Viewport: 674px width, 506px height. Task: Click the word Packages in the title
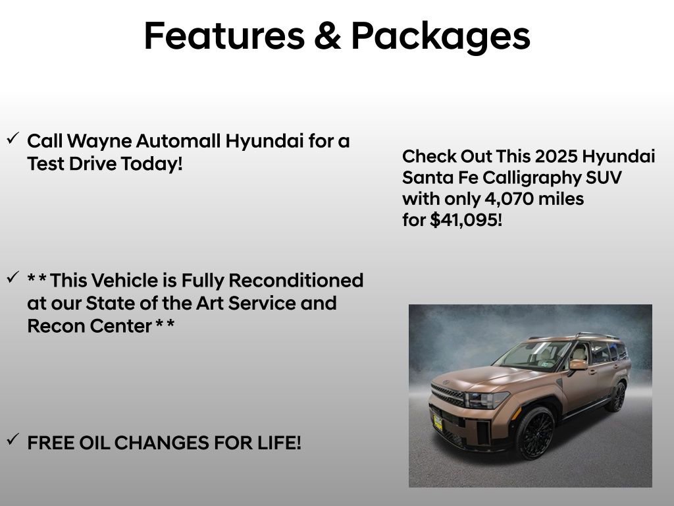click(440, 37)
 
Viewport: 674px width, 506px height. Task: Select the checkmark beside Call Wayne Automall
click(13, 138)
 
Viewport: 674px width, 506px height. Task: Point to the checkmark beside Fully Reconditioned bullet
click(13, 278)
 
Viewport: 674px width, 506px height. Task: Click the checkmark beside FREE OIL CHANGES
click(13, 439)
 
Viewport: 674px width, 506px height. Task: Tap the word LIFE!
click(278, 443)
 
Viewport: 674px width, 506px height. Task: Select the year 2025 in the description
click(557, 157)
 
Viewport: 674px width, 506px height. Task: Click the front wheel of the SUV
click(534, 431)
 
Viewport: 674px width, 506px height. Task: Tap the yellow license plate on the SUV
click(437, 421)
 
